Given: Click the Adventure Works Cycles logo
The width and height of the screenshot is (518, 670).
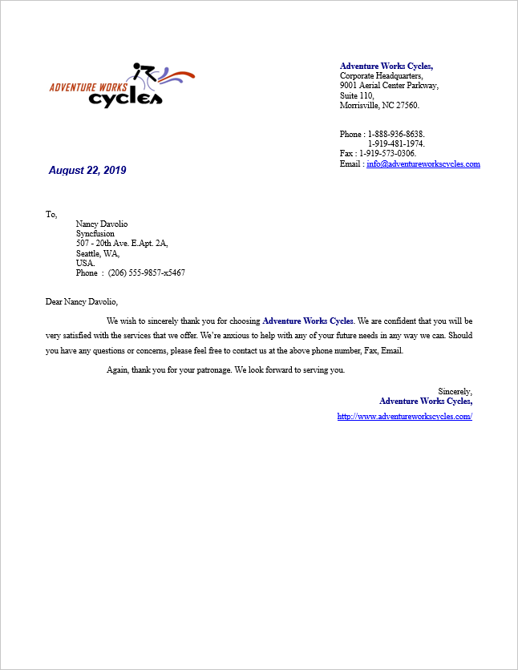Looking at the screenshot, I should (122, 84).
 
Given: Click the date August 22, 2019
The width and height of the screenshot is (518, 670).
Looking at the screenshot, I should (87, 171).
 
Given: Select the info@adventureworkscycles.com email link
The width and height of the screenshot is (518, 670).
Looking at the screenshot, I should (423, 163).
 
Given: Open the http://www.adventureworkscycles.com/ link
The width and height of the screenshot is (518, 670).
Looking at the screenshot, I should (404, 417).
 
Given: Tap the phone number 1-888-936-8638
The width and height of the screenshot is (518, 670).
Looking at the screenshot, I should (396, 134).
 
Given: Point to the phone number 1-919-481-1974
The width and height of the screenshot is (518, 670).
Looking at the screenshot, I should (396, 143).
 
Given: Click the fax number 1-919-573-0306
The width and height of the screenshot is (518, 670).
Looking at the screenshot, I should (387, 153).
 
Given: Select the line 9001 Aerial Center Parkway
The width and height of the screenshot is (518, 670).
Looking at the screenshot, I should (389, 86).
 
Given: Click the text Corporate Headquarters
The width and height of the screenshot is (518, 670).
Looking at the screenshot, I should (381, 76).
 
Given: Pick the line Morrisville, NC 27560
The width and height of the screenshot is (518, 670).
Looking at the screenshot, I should (379, 105).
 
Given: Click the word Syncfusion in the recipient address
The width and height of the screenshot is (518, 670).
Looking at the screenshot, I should (95, 234).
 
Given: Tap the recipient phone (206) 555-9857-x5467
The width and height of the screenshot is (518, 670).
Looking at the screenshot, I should (147, 272).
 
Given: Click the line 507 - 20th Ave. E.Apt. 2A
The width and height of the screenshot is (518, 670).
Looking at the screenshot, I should (122, 244).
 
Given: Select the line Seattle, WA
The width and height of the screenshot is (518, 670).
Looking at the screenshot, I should (98, 253).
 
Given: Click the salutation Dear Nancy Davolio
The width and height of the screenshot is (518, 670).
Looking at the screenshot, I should (82, 302).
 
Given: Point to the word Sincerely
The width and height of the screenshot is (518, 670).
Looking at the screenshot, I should (455, 391).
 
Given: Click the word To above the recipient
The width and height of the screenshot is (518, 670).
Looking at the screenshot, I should (51, 214).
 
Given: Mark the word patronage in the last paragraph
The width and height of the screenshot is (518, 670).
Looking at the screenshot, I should (212, 370).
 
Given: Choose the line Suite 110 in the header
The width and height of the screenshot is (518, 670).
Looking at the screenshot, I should (357, 95).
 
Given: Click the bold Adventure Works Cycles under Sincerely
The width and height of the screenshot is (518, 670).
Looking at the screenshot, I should (426, 401).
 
